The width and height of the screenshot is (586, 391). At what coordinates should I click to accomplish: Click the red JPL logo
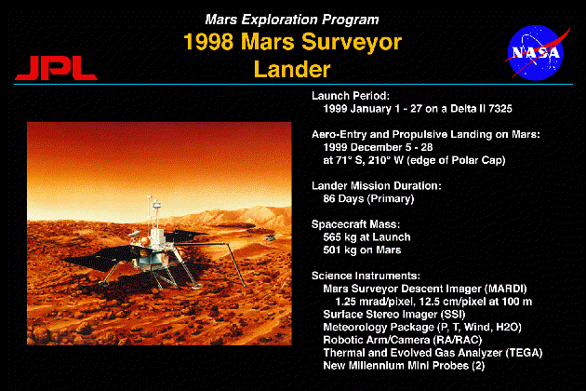click(56, 68)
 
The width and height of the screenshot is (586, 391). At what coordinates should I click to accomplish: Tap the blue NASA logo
click(537, 52)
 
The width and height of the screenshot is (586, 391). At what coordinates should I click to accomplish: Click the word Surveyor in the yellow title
click(352, 42)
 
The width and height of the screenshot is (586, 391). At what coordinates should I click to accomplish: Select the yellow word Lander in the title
click(292, 69)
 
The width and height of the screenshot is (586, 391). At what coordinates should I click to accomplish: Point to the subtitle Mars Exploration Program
click(292, 20)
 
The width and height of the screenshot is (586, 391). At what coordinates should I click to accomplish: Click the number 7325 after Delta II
click(500, 109)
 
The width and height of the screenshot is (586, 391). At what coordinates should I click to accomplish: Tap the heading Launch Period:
click(351, 96)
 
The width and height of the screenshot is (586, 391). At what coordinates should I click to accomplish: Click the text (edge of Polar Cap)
click(456, 160)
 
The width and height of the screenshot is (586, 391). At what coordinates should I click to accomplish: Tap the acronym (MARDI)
click(506, 289)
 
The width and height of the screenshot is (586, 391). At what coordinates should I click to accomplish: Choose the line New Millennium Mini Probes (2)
click(404, 366)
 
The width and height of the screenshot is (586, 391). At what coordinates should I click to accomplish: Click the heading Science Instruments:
click(366, 276)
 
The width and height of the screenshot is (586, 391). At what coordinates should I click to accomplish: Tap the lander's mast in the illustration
click(156, 213)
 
